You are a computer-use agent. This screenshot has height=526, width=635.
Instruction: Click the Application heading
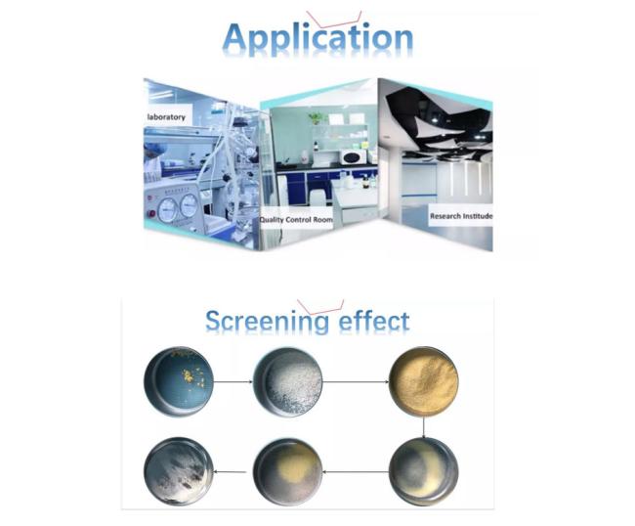tap(317, 39)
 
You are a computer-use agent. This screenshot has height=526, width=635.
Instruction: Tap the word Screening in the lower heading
tap(268, 323)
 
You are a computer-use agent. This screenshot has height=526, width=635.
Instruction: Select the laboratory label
tap(166, 117)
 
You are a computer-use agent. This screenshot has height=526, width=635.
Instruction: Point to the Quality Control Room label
tap(296, 220)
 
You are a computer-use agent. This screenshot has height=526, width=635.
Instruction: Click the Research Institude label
tap(461, 216)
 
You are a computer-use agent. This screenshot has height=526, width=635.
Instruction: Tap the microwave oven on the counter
tap(353, 156)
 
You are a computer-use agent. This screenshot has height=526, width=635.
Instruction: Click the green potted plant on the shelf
tap(317, 118)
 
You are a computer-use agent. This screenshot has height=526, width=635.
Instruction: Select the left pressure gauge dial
tap(168, 210)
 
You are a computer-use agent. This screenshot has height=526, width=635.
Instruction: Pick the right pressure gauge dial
tap(189, 205)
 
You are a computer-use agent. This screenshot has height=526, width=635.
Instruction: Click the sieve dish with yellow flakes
tap(179, 381)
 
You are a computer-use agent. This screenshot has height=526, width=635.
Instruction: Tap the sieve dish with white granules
tap(288, 381)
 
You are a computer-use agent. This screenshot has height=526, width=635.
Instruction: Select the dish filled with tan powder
tap(424, 381)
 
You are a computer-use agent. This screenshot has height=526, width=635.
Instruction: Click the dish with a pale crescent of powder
tap(424, 471)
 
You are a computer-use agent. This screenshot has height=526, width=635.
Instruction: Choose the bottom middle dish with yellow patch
tap(288, 471)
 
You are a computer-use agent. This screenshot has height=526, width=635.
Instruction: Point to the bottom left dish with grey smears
tap(179, 471)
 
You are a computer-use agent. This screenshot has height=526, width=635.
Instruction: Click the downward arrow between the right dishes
tap(424, 427)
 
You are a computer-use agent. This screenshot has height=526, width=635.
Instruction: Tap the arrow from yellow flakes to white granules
tap(233, 381)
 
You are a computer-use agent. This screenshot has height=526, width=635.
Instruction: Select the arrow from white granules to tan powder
tap(356, 381)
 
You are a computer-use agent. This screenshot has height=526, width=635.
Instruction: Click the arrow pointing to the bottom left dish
tap(230, 471)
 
